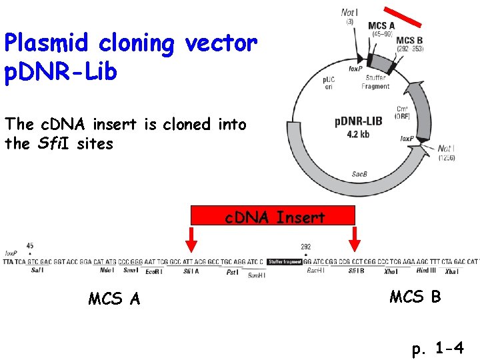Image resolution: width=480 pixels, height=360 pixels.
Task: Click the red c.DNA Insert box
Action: (273, 215)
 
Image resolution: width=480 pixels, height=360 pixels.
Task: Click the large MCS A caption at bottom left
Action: (114, 299)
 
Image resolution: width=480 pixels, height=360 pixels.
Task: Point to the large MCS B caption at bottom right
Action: (415, 297)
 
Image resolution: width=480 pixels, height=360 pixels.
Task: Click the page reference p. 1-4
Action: (437, 348)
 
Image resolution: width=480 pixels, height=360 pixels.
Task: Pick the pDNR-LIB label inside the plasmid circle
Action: (358, 121)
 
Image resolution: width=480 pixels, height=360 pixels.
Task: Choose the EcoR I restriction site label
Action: (155, 271)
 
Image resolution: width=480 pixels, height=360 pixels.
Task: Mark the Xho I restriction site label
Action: (391, 271)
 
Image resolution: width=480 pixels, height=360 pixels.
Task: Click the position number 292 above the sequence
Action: (305, 247)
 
